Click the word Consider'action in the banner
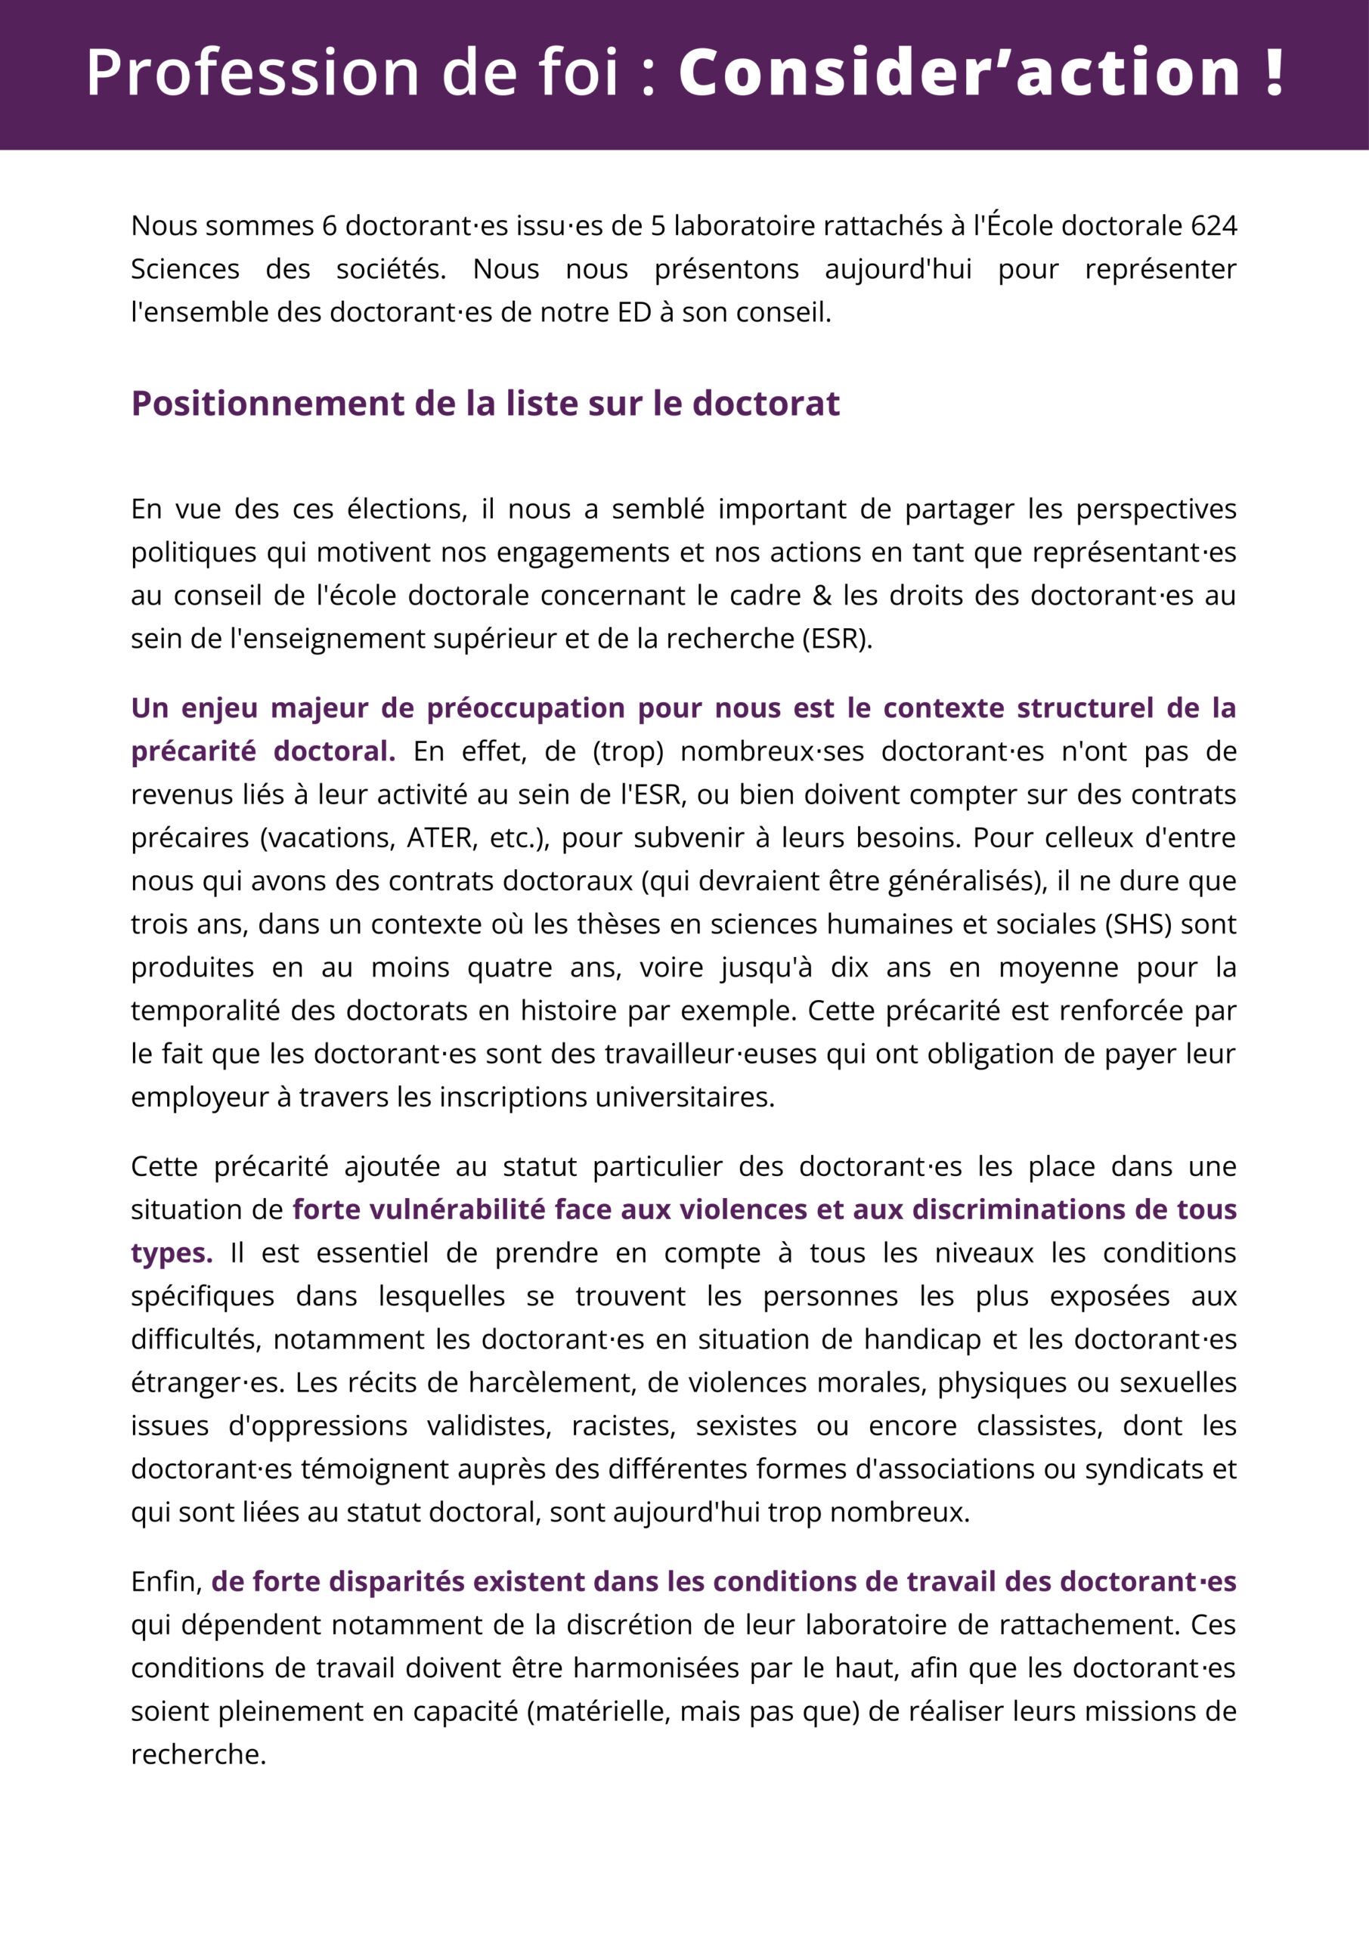point(959,73)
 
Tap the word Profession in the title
point(253,73)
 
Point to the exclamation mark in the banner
point(1274,73)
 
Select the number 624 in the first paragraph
point(1214,226)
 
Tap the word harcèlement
point(548,1383)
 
